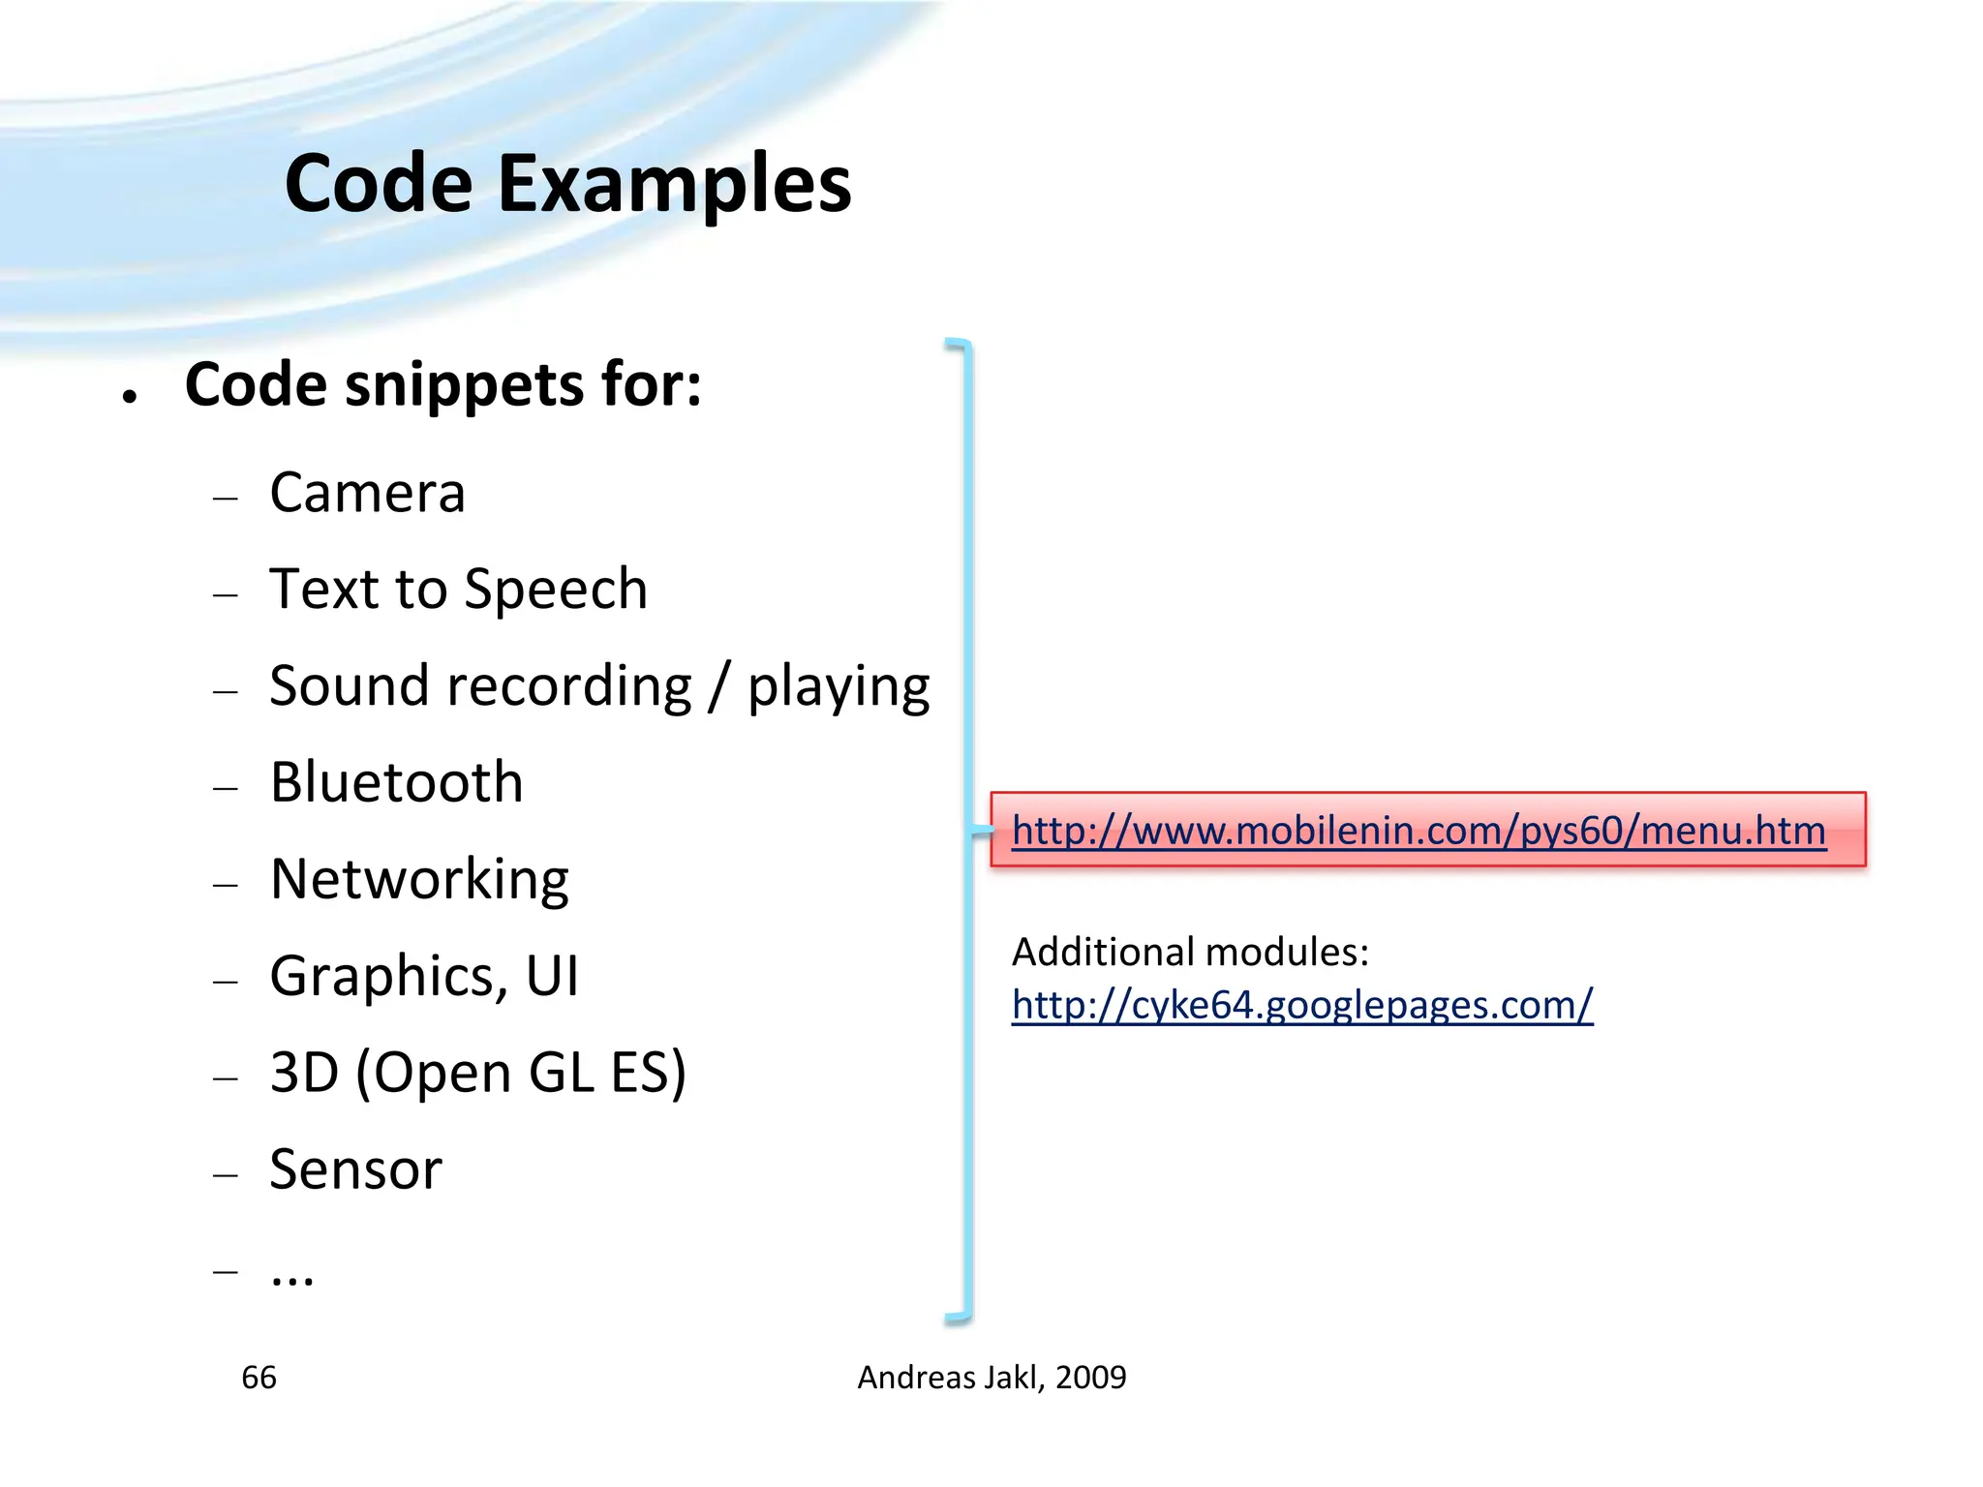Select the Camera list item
click(x=368, y=493)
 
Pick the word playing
click(x=839, y=687)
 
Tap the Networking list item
click(x=419, y=880)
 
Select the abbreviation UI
click(x=553, y=976)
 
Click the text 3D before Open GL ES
click(x=303, y=1073)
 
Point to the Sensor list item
click(x=356, y=1169)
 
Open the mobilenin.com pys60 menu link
click(x=1419, y=831)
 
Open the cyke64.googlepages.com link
click(x=1302, y=1005)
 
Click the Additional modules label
click(x=1190, y=953)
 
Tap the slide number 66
click(x=259, y=1378)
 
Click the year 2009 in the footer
click(x=1091, y=1378)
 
